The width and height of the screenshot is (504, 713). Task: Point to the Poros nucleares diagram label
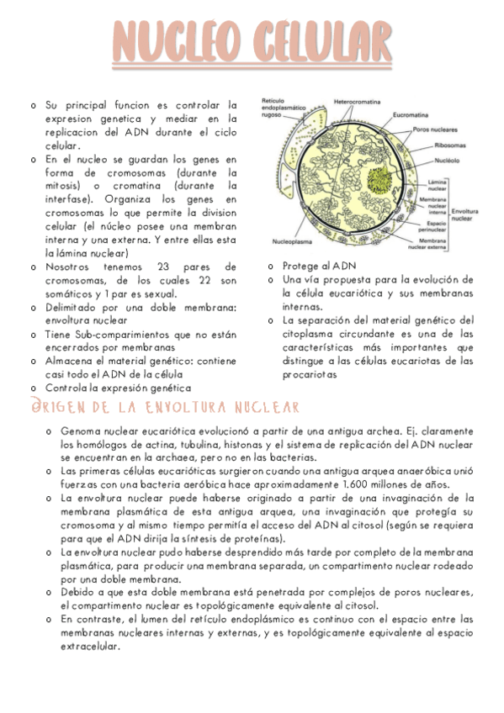pos(436,130)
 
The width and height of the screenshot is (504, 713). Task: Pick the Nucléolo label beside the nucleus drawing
pos(447,159)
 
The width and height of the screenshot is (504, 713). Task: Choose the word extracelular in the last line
pos(91,647)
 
